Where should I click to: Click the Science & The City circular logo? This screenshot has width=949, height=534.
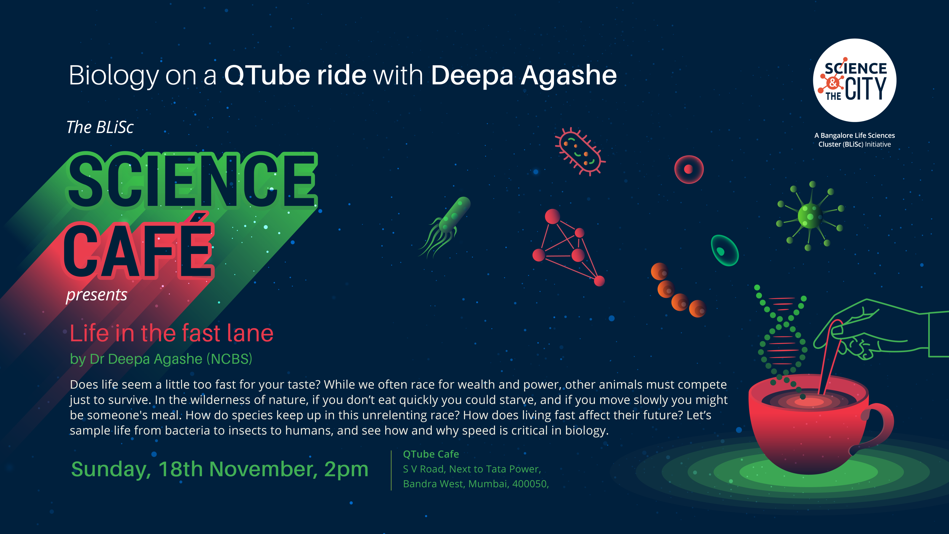click(x=855, y=80)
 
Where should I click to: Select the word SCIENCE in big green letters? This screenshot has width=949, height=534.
click(x=192, y=181)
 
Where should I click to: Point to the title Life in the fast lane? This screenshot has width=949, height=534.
click(x=172, y=333)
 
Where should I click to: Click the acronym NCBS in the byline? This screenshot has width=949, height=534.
click(x=231, y=359)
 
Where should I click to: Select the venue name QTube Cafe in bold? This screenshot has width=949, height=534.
click(x=431, y=454)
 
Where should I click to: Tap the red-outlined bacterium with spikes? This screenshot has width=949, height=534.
click(x=580, y=151)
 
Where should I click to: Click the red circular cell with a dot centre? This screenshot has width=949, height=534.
click(x=689, y=169)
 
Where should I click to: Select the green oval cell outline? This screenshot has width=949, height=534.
click(x=724, y=250)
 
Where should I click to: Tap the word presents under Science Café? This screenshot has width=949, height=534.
click(x=96, y=295)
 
